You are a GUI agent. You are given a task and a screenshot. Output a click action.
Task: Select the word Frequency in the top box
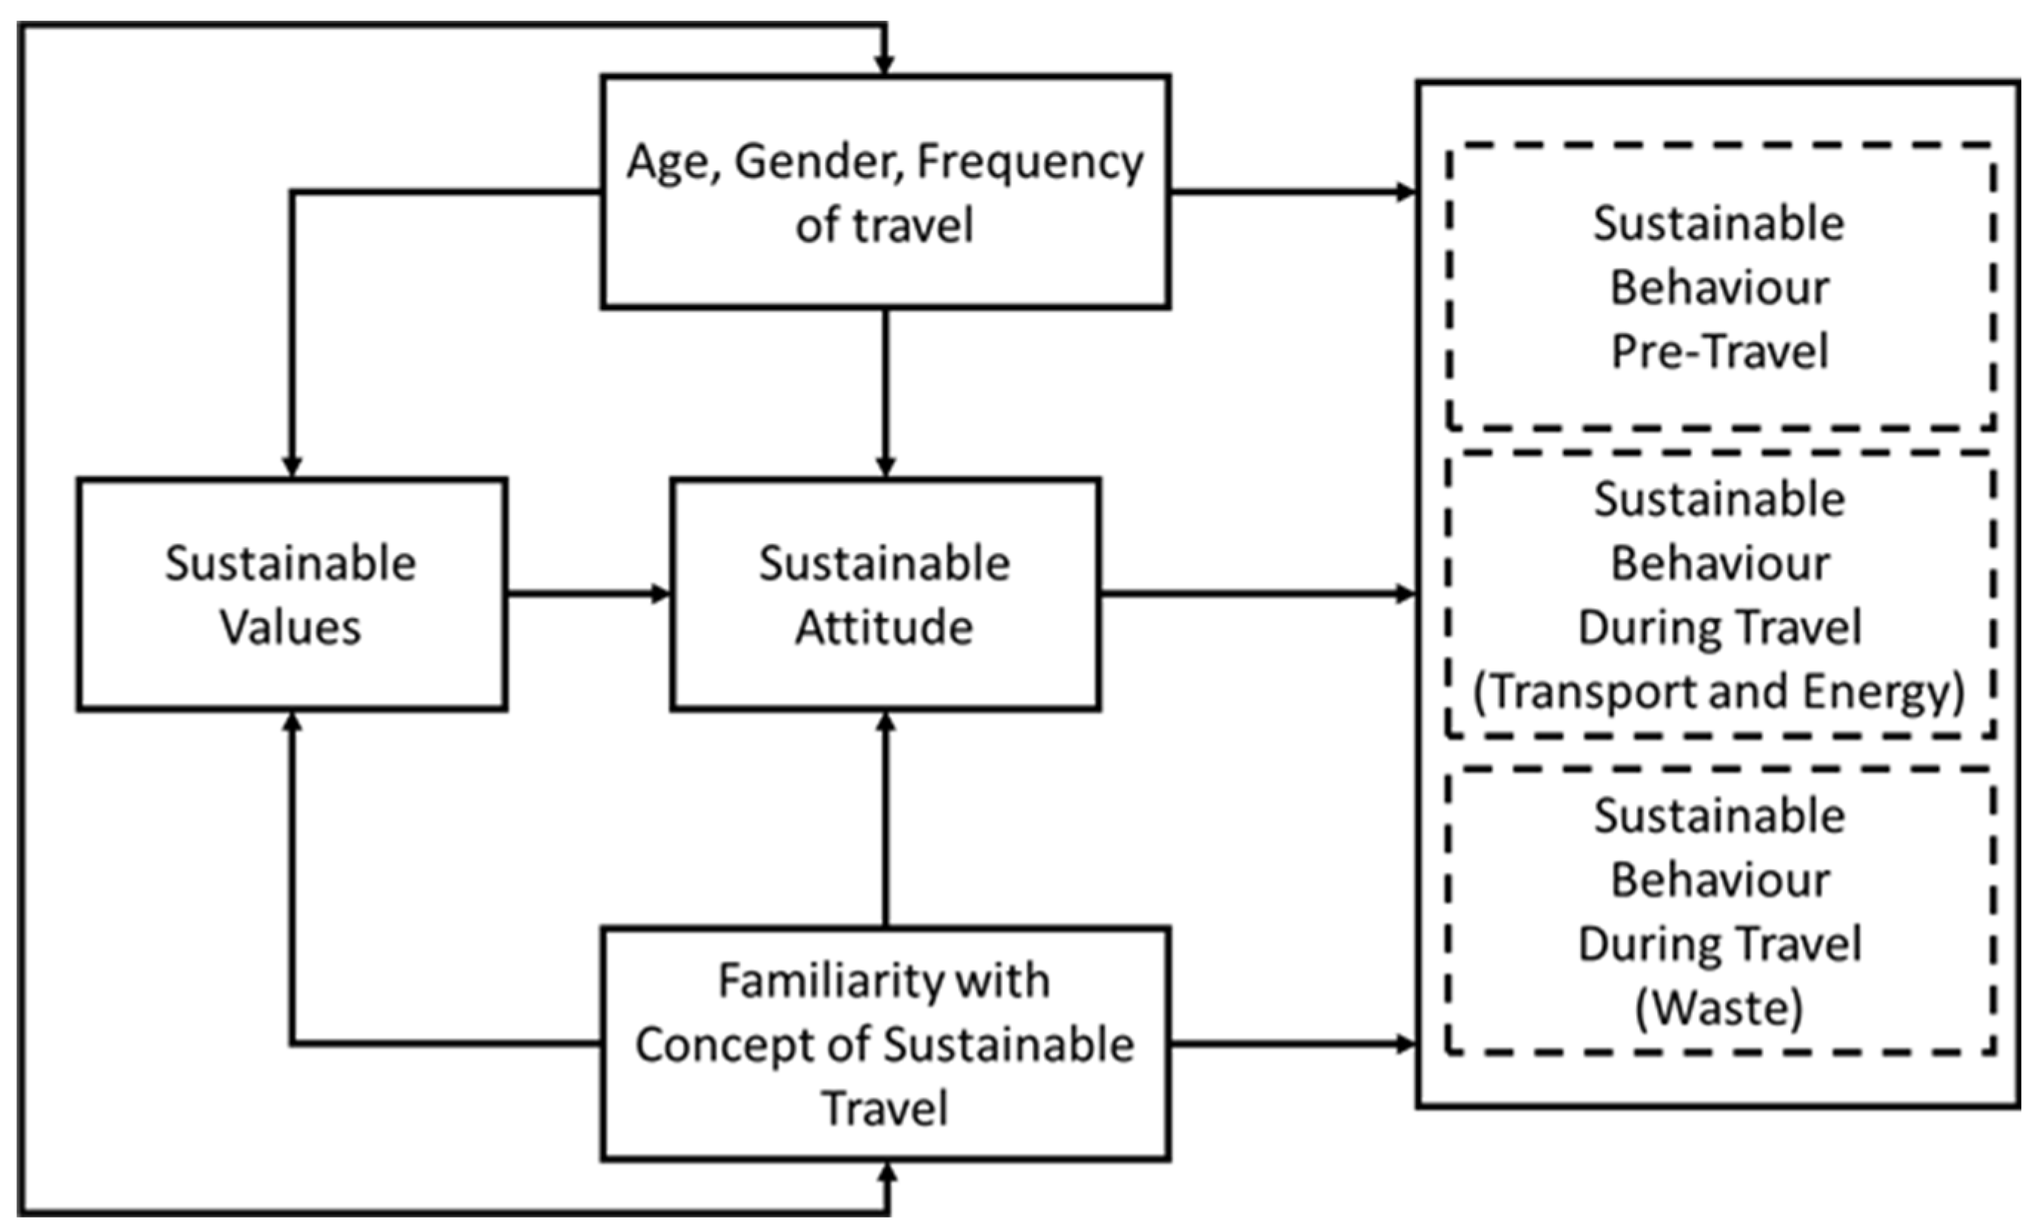click(1029, 162)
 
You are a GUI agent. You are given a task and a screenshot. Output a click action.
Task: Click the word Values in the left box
click(290, 627)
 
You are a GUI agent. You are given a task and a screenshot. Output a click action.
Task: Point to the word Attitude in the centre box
click(884, 627)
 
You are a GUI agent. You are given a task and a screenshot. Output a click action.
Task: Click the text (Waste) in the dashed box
click(1718, 1007)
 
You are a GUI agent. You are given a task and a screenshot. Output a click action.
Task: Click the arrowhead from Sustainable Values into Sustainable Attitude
click(660, 594)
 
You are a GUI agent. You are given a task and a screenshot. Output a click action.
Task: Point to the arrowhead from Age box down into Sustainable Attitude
click(885, 467)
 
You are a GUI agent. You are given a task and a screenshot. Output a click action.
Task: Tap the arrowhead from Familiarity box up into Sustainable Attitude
click(885, 722)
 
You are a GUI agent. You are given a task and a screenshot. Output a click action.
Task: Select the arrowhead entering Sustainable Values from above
click(292, 467)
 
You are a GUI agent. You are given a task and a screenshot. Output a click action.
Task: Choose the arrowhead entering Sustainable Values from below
click(292, 722)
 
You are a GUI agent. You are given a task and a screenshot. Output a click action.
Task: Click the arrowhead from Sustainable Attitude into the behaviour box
click(1405, 594)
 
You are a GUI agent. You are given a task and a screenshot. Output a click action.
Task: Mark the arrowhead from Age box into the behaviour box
click(1405, 192)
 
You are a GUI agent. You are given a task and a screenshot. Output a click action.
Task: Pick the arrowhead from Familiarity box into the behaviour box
click(1405, 1044)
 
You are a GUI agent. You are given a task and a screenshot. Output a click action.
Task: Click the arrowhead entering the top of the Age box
click(885, 64)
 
